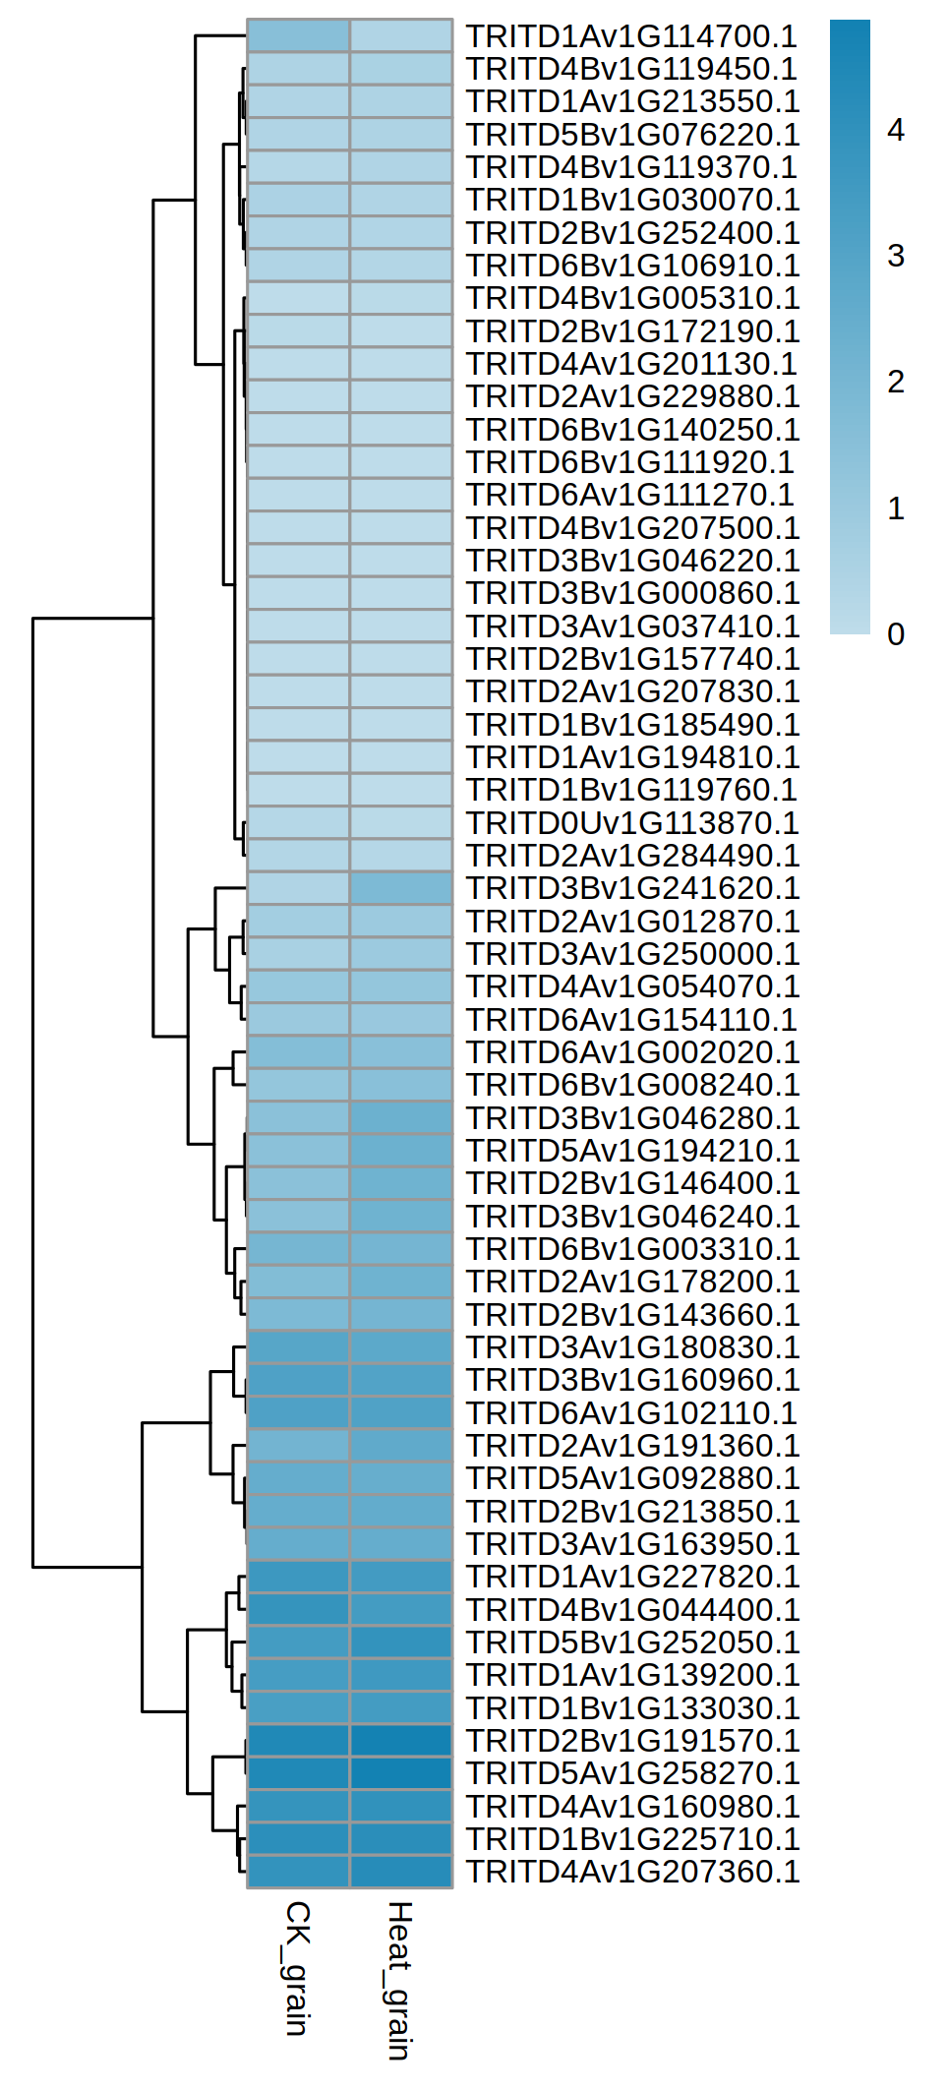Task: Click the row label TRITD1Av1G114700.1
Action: (x=631, y=36)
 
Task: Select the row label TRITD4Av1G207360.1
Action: (x=631, y=1872)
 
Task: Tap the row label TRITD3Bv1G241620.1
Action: (x=631, y=888)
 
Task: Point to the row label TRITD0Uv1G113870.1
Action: (x=631, y=823)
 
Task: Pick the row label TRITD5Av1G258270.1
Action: (x=631, y=1773)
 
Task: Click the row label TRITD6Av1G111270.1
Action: (x=629, y=495)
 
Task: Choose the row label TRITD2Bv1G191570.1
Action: (x=631, y=1741)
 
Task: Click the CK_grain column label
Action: (x=297, y=1967)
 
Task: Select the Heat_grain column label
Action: (x=398, y=1979)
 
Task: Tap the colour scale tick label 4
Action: (x=896, y=130)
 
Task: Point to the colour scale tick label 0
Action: (x=896, y=634)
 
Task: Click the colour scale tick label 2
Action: (x=896, y=382)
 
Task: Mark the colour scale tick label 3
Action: (x=896, y=256)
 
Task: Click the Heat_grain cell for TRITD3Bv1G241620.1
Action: (x=401, y=888)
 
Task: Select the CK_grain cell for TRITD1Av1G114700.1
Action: (x=298, y=36)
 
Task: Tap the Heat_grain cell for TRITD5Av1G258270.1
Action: (x=401, y=1773)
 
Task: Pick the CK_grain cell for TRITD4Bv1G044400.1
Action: (x=298, y=1610)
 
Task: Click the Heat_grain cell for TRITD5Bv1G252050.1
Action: (x=401, y=1642)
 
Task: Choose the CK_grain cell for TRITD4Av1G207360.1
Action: (x=298, y=1872)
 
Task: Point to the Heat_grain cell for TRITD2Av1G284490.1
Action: (x=401, y=856)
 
